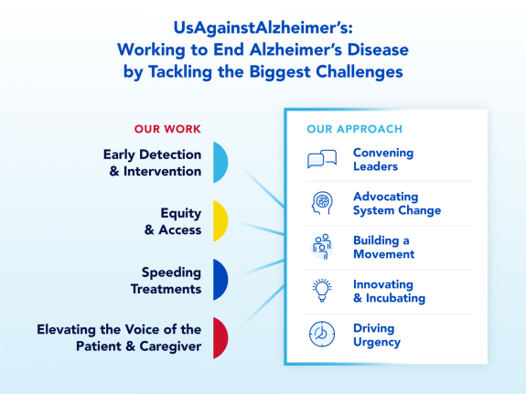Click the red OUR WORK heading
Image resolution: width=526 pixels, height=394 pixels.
tap(167, 129)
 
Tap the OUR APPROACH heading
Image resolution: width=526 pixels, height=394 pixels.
tap(354, 129)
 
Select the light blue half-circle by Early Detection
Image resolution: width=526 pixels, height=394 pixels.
tap(220, 163)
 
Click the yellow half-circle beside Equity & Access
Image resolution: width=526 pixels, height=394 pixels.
tap(220, 221)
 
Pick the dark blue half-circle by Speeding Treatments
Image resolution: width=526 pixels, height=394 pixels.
tap(220, 280)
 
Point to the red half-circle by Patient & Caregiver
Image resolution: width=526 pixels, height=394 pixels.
tap(220, 338)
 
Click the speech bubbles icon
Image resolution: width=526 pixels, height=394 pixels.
tap(322, 159)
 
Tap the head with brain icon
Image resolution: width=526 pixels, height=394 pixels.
tap(322, 203)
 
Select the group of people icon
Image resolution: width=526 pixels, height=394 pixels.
tap(322, 247)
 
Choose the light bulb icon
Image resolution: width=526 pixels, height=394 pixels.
tap(322, 291)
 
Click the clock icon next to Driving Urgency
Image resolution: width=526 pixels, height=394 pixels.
tap(322, 334)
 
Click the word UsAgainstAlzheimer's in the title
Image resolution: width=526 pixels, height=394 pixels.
tap(263, 27)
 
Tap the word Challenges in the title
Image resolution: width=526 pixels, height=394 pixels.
tap(360, 71)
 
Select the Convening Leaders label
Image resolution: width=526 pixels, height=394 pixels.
tap(383, 160)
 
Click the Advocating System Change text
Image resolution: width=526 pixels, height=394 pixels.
tap(397, 204)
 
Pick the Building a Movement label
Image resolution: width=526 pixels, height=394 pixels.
tap(384, 247)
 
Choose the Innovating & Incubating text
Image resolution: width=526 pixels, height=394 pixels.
tap(389, 291)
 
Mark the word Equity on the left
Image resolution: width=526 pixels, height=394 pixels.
tap(181, 214)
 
